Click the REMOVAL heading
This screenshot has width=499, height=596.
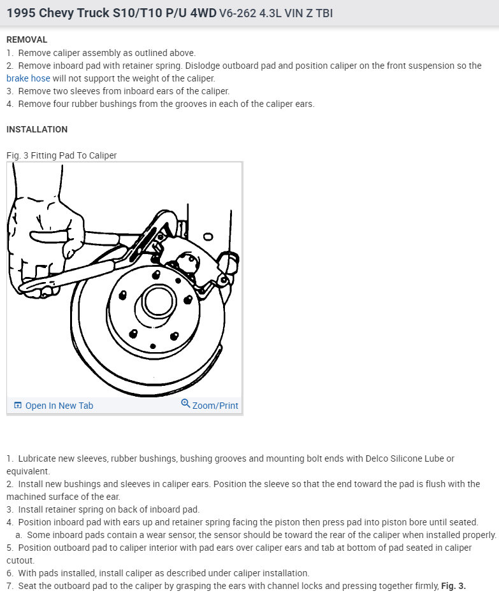point(27,39)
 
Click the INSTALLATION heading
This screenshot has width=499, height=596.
point(37,129)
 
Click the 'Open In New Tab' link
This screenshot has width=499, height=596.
point(59,406)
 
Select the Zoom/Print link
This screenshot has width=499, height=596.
point(215,406)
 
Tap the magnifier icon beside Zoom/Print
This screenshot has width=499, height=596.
point(185,404)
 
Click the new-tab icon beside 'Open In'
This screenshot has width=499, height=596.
point(18,406)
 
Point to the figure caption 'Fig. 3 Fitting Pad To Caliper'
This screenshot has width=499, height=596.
point(62,155)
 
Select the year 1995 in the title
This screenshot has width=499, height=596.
point(21,13)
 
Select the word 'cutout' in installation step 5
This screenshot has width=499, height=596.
point(21,560)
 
